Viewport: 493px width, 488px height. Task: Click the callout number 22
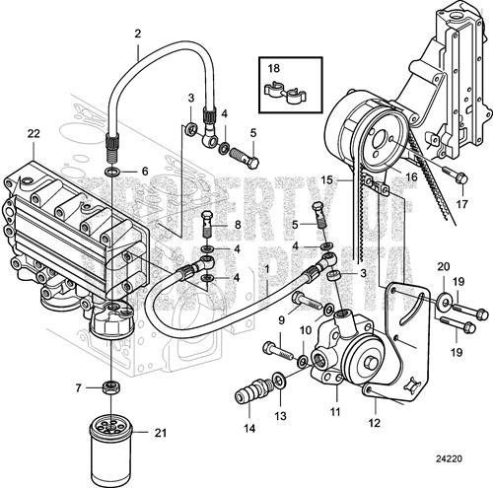[x=34, y=134]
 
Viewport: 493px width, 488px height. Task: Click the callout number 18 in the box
[x=273, y=68]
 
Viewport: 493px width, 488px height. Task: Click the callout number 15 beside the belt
[x=338, y=180]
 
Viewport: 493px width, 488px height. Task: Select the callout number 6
[x=144, y=171]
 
